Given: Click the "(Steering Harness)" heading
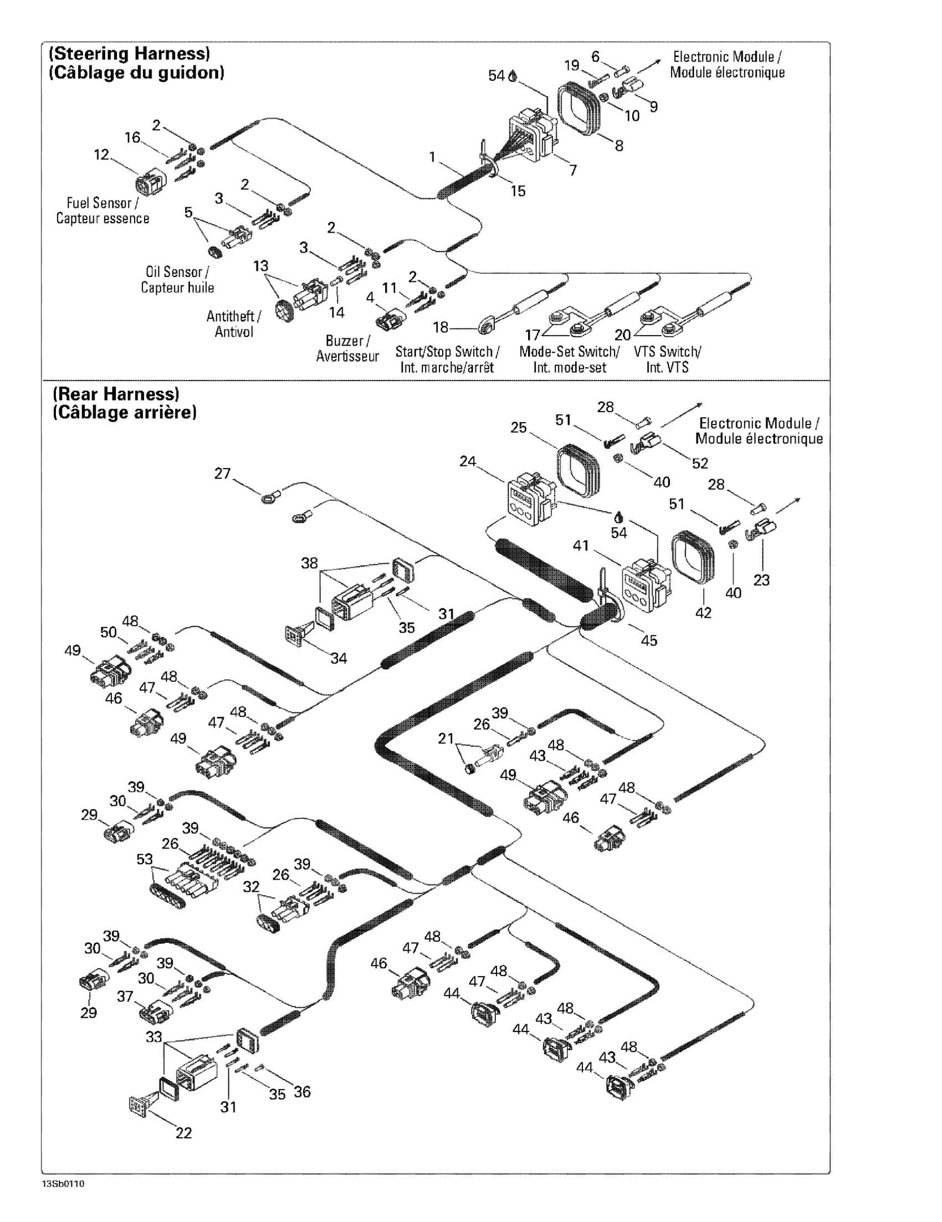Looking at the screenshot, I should point(130,54).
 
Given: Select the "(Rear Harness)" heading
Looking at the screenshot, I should point(116,394).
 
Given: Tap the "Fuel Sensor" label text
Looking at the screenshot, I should point(99,203).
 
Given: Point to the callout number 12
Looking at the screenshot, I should point(101,155).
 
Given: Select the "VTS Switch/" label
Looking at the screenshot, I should point(667,351).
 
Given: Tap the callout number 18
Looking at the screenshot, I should point(441,327).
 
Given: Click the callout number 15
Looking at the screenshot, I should point(518,191).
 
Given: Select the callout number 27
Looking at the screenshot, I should point(222,474).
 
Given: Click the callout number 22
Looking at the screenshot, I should point(183,1133).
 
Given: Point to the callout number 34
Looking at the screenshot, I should point(338,658).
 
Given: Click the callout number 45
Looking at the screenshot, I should point(648,640).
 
